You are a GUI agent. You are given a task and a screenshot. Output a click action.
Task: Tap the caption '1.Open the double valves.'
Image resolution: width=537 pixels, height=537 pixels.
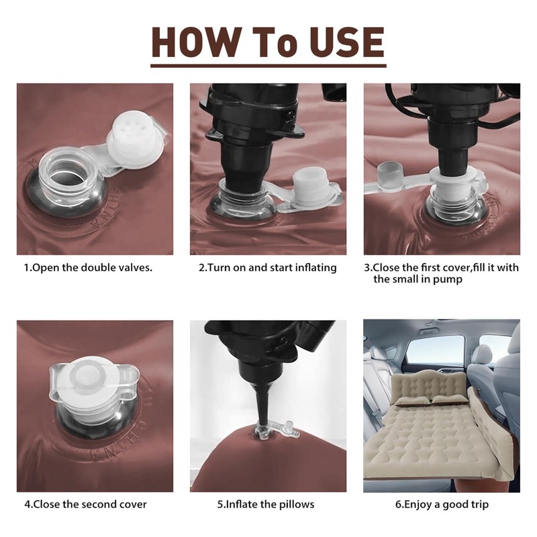pyautogui.click(x=88, y=267)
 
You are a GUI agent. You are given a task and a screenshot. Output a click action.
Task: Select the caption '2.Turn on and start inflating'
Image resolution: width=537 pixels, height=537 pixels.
pyautogui.click(x=267, y=267)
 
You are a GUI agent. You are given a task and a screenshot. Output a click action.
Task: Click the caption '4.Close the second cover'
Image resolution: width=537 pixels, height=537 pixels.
pyautogui.click(x=85, y=505)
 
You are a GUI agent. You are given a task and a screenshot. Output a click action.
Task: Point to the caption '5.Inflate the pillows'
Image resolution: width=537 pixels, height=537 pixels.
pyautogui.click(x=266, y=505)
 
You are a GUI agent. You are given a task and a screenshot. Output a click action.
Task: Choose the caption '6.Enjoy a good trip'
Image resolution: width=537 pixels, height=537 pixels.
pyautogui.click(x=442, y=505)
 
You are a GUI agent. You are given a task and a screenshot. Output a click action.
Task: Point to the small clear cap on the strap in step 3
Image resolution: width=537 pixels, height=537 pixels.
pyautogui.click(x=390, y=175)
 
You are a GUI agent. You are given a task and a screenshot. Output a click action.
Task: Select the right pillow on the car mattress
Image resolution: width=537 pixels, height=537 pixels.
pyautogui.click(x=448, y=399)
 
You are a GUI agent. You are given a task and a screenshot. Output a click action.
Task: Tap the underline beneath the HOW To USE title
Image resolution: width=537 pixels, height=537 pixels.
pyautogui.click(x=268, y=65)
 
